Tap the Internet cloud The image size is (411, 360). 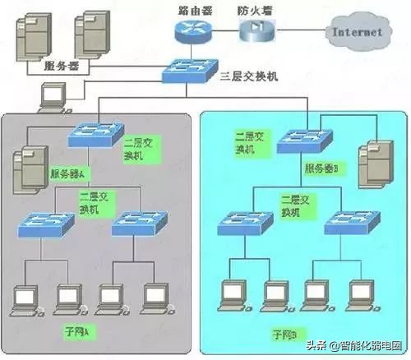click(355, 33)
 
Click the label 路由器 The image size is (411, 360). click(193, 9)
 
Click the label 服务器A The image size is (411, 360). click(72, 173)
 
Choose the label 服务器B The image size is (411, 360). click(326, 167)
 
